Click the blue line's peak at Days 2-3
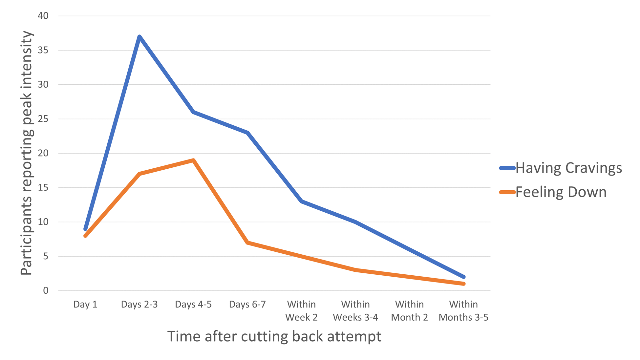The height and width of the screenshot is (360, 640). tap(139, 37)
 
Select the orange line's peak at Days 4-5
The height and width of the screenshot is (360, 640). tap(194, 160)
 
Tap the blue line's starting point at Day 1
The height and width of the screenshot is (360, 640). tap(85, 229)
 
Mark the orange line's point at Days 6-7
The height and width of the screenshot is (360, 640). tap(247, 243)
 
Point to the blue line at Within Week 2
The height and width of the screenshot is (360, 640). tap(301, 201)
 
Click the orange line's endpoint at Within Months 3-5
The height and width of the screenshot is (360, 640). tap(463, 284)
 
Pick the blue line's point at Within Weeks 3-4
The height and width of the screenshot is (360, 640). tap(355, 222)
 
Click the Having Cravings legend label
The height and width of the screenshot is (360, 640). tap(568, 168)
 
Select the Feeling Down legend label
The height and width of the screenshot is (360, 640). tap(561, 192)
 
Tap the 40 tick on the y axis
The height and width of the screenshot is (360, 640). tap(43, 16)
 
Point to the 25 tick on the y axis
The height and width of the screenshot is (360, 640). tap(43, 119)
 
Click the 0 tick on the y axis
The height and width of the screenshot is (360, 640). tap(46, 290)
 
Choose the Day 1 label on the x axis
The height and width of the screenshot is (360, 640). tap(85, 305)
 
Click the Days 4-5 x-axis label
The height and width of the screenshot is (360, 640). tap(193, 305)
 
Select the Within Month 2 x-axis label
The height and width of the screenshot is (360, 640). tap(409, 311)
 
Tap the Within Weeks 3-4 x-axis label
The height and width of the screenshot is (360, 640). tap(355, 311)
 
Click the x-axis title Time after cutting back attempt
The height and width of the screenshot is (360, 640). tap(274, 336)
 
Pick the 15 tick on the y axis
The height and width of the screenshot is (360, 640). tap(43, 187)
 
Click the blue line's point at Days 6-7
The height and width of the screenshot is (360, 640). tap(247, 133)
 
